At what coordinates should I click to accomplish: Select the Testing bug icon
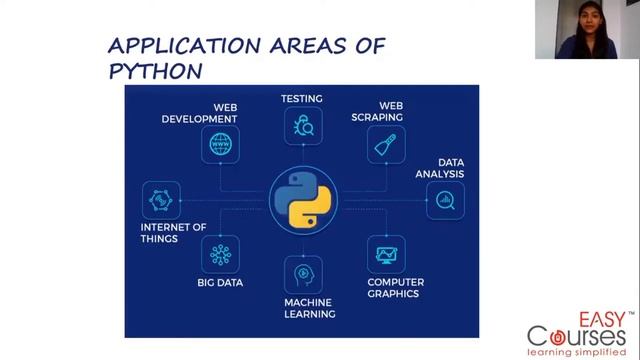pyautogui.click(x=301, y=126)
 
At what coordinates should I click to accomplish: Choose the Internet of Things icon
pyautogui.click(x=161, y=200)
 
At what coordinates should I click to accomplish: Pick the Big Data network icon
pyautogui.click(x=220, y=254)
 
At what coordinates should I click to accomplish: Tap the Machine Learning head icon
pyautogui.click(x=302, y=273)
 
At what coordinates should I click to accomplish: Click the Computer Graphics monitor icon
pyautogui.click(x=385, y=254)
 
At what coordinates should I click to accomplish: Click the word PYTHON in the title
pyautogui.click(x=155, y=71)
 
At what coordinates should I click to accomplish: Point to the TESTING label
pyautogui.click(x=301, y=98)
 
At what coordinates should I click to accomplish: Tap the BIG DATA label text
pyautogui.click(x=220, y=283)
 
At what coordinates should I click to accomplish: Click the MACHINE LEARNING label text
pyautogui.click(x=308, y=307)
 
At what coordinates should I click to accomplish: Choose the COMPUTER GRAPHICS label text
pyautogui.click(x=395, y=288)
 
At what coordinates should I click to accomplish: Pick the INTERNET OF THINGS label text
pyautogui.click(x=173, y=233)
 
